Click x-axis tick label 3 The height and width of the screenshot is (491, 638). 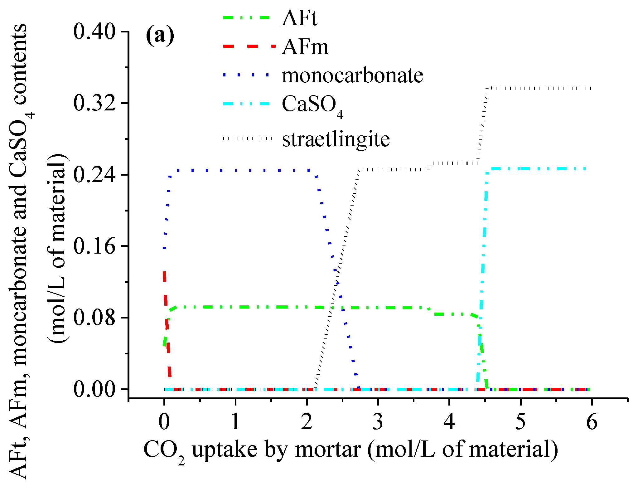click(x=378, y=422)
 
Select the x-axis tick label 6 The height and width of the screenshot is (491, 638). click(x=592, y=422)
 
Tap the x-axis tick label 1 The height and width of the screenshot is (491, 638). click(x=235, y=422)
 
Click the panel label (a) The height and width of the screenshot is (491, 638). click(x=160, y=36)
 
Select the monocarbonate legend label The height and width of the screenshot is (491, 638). click(x=352, y=75)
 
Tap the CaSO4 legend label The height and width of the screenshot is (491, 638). click(x=312, y=105)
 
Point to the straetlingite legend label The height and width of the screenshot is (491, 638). click(x=336, y=139)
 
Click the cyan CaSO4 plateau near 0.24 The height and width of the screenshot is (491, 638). click(x=536, y=168)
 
